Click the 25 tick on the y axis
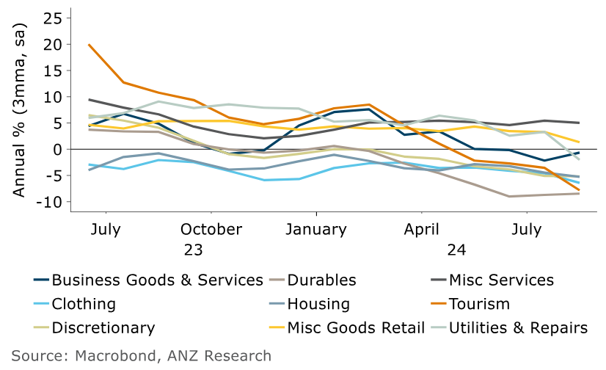click(x=54, y=18)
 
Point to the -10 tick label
click(x=50, y=202)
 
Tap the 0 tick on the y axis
click(x=59, y=149)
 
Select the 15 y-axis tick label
click(x=54, y=70)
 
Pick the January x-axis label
click(x=316, y=229)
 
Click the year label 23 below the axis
click(x=193, y=250)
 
